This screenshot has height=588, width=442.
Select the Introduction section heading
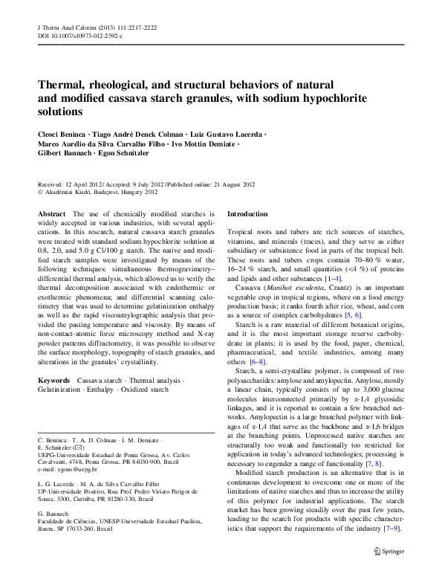click(247, 214)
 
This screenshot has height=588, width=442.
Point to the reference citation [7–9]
click(389, 529)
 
